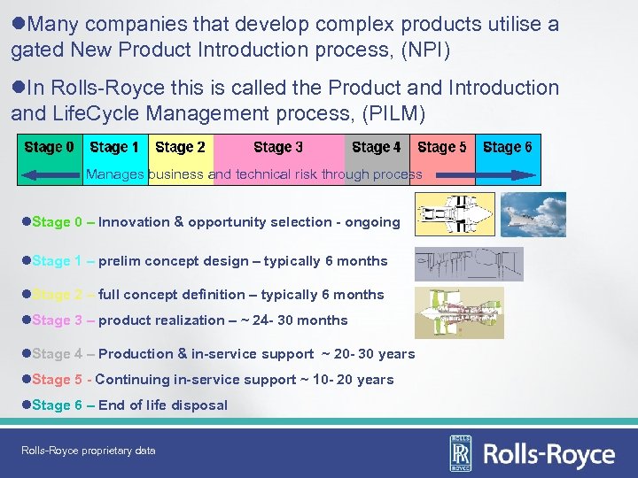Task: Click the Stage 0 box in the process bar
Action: click(50, 148)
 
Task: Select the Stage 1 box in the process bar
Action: click(114, 148)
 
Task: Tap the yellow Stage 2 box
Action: click(180, 148)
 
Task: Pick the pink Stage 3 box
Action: click(278, 148)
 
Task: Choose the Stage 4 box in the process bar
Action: click(376, 148)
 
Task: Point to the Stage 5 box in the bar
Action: click(441, 148)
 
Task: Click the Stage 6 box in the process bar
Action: click(508, 148)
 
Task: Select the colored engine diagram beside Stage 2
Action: click(458, 312)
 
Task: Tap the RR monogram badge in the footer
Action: click(462, 452)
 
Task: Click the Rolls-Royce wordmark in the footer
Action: click(549, 455)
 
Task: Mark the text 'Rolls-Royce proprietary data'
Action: click(89, 451)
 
